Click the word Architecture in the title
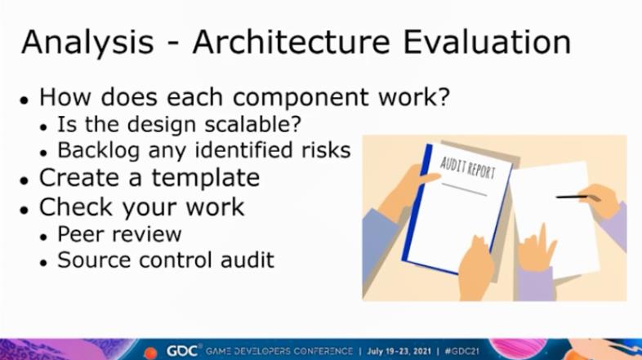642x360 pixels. coord(291,42)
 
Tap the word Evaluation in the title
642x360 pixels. coord(487,42)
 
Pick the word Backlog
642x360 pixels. coord(99,150)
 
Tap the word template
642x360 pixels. coord(206,179)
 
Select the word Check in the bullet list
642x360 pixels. coord(75,207)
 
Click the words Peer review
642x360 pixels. coord(119,234)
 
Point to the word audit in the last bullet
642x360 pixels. coord(247,260)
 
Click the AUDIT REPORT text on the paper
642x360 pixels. coord(468,167)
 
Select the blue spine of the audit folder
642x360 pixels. coord(417,205)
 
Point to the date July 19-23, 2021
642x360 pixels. coord(399,351)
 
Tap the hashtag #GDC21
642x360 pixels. coord(461,351)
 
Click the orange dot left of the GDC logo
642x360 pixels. coord(150,352)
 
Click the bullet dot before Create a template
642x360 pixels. coord(25,180)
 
